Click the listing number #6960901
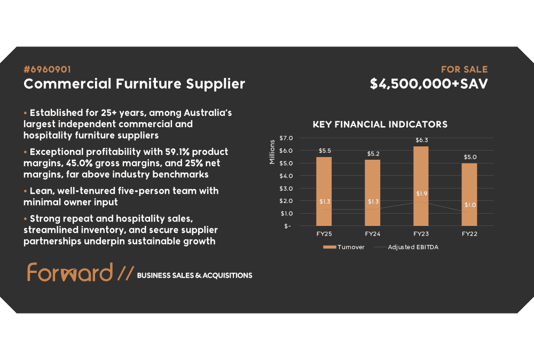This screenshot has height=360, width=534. [x=47, y=69]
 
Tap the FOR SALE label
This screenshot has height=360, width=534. [x=464, y=69]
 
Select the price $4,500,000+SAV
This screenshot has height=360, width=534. [x=429, y=84]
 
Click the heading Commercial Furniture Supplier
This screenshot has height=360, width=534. [x=134, y=84]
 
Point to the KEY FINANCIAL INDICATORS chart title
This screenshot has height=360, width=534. [x=380, y=124]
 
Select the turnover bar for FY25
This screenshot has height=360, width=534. [x=324, y=191]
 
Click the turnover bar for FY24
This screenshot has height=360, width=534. [x=373, y=193]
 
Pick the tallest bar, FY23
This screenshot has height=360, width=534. [x=421, y=186]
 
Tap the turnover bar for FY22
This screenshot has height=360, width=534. [x=469, y=194]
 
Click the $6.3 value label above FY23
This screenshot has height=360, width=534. [x=422, y=140]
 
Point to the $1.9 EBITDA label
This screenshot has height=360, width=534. [x=422, y=193]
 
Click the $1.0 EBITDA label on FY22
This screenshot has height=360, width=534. [x=470, y=205]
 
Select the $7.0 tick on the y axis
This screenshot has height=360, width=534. [x=286, y=138]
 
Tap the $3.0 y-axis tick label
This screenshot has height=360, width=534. [x=286, y=189]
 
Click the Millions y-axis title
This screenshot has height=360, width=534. [x=272, y=152]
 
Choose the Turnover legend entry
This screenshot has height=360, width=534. [x=343, y=247]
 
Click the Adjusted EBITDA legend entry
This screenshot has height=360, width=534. [x=406, y=247]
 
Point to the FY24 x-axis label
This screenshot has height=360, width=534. [x=373, y=234]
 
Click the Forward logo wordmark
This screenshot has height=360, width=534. [x=70, y=272]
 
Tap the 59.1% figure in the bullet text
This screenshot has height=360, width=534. [x=177, y=152]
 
